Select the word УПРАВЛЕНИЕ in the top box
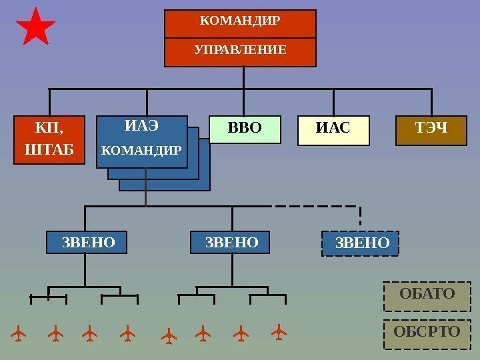(x=240, y=50)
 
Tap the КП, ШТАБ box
(x=50, y=139)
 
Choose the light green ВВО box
(x=245, y=129)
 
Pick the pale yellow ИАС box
(x=333, y=130)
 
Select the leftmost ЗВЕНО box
(x=88, y=243)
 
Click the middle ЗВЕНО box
(x=232, y=243)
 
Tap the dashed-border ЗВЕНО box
(x=361, y=243)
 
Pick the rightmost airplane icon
(x=280, y=331)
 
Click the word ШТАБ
(x=50, y=149)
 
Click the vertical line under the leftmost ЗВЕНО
(x=85, y=270)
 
